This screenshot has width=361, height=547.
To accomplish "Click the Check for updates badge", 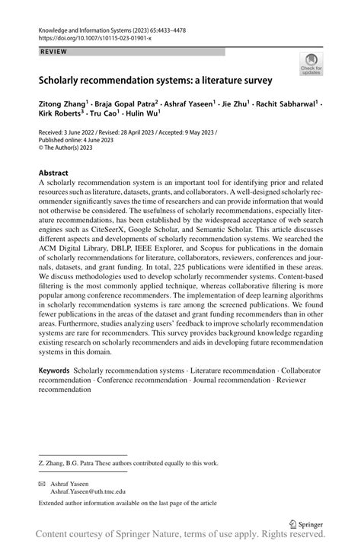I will pyautogui.click(x=311, y=64).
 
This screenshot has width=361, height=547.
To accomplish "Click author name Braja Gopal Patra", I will pyautogui.click(x=126, y=101).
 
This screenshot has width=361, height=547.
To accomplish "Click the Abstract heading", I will pyautogui.click(x=54, y=173).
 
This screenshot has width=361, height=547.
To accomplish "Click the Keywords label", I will pyautogui.click(x=56, y=370).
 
